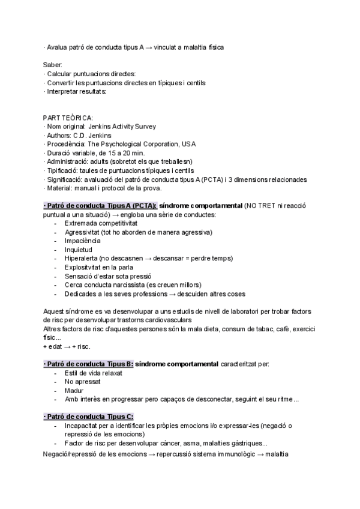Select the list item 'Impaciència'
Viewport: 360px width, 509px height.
click(83, 241)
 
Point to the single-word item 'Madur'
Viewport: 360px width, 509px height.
click(74, 391)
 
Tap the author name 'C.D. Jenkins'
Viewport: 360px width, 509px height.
click(96, 135)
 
